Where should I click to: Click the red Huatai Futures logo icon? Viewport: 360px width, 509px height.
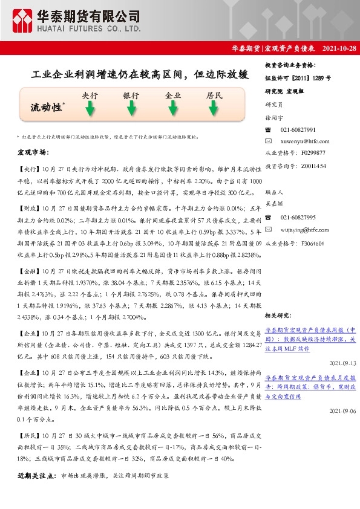22,21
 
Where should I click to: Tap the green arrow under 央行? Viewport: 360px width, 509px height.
90,109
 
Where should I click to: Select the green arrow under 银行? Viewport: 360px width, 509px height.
131,109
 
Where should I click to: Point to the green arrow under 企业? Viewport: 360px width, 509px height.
173,109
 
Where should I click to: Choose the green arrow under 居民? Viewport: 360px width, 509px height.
214,109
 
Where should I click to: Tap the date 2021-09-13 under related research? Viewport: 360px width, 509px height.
343,363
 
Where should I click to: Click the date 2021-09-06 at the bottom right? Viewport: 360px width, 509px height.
343,410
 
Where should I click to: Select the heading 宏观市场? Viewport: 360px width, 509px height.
33,152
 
